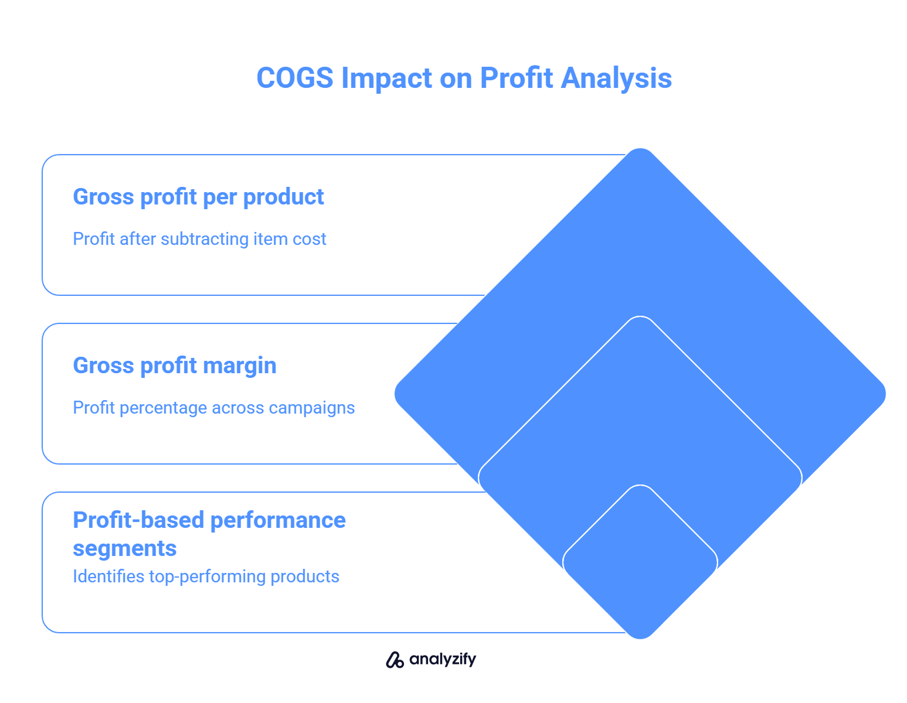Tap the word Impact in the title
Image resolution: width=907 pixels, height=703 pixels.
[x=386, y=79]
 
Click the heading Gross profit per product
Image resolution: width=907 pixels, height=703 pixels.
[x=198, y=197]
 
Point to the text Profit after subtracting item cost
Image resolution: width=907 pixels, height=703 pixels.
[x=199, y=239]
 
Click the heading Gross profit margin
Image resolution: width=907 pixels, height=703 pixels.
[x=175, y=366]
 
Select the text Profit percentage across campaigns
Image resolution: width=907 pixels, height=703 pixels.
[x=214, y=408]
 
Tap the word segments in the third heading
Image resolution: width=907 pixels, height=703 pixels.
[x=125, y=549]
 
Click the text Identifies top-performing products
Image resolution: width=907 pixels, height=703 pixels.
[x=206, y=576]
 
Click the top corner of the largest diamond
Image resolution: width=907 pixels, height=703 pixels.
[x=640, y=149]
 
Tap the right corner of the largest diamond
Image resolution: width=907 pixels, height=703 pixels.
[x=885, y=394]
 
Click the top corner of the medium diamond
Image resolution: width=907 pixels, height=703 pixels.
[x=640, y=318]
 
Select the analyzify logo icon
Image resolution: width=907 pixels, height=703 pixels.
[x=395, y=660]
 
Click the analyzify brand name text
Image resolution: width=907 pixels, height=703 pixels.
[x=443, y=660]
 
